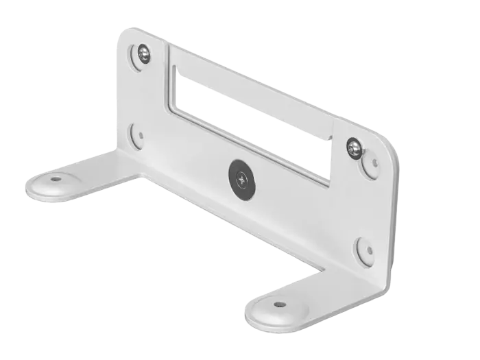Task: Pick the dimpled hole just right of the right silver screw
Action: pos(374,163)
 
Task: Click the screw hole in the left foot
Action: pos(56,180)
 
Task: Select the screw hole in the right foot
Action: pos(278,304)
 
